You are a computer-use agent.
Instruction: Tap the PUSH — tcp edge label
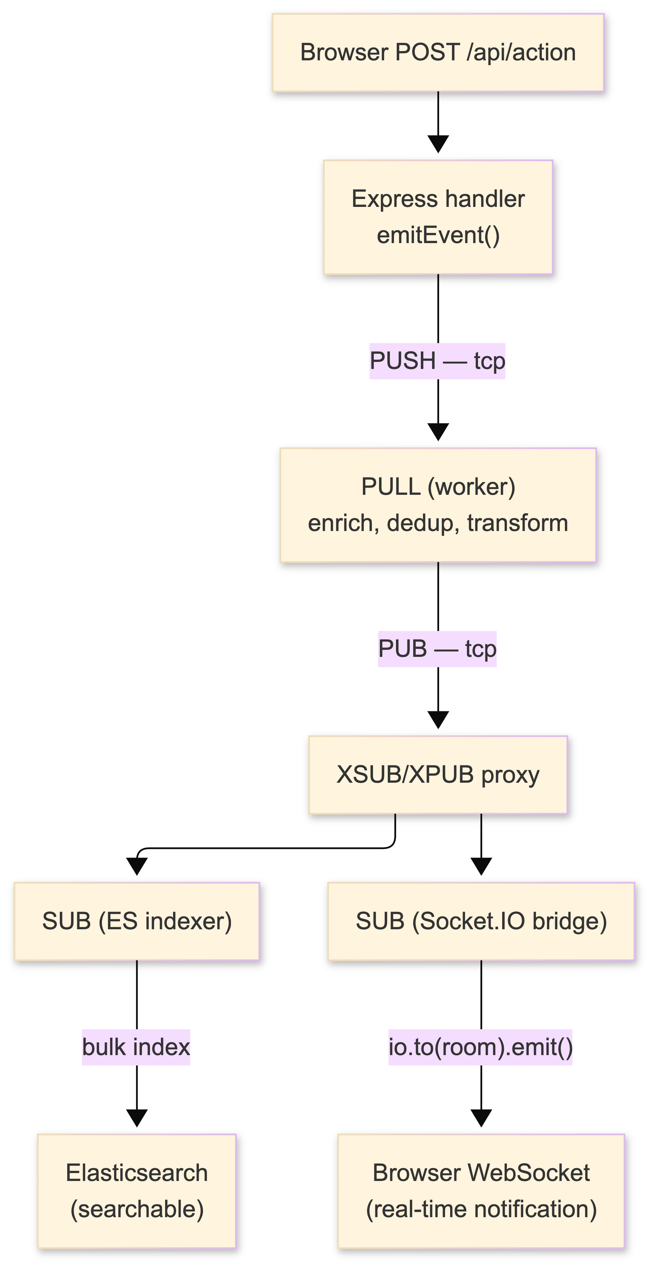[437, 361]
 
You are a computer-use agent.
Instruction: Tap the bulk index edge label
[136, 1048]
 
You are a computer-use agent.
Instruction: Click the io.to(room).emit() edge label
[480, 1048]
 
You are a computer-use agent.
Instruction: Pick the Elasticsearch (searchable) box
[138, 1191]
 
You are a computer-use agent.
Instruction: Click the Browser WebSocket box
[482, 1191]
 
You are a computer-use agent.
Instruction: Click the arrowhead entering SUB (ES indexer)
[137, 866]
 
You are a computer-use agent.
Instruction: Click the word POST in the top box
[427, 53]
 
